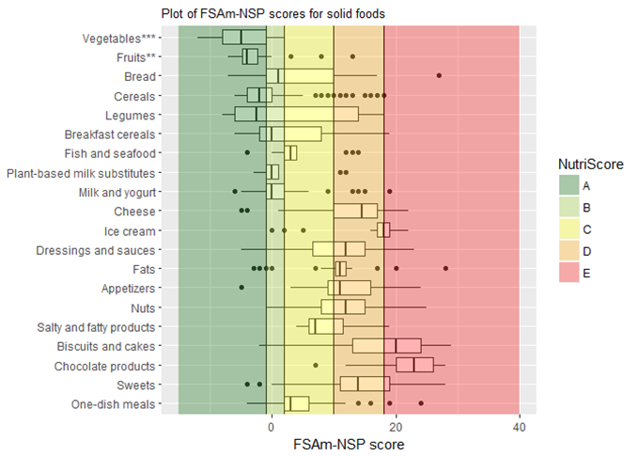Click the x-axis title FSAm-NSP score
(x=349, y=444)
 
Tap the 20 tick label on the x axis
(x=396, y=425)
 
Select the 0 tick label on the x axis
(x=272, y=425)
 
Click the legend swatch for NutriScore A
(x=569, y=185)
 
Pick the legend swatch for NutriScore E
(x=569, y=272)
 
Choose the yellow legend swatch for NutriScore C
(x=569, y=228)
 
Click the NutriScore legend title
(x=587, y=164)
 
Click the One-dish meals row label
(x=114, y=404)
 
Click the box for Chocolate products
(x=414, y=365)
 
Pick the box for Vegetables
(x=238, y=38)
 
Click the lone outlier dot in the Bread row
(x=439, y=75)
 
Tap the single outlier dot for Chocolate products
(x=316, y=365)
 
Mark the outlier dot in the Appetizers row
(x=241, y=288)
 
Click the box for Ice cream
(x=383, y=230)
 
